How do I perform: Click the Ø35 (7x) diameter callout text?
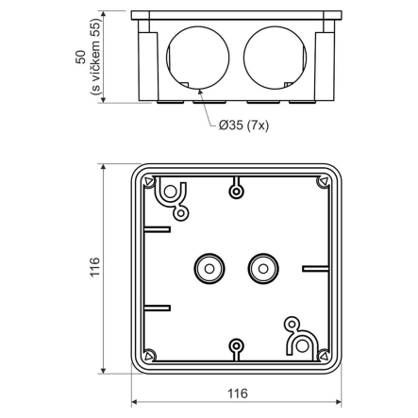click(243, 125)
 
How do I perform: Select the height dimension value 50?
click(80, 58)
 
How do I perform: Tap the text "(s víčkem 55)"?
click(94, 58)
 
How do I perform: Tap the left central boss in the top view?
click(205, 269)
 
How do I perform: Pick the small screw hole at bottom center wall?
click(236, 346)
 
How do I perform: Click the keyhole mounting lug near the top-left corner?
click(170, 192)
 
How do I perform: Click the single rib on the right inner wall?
click(314, 269)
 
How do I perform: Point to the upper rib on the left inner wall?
click(158, 228)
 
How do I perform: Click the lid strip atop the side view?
click(234, 15)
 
